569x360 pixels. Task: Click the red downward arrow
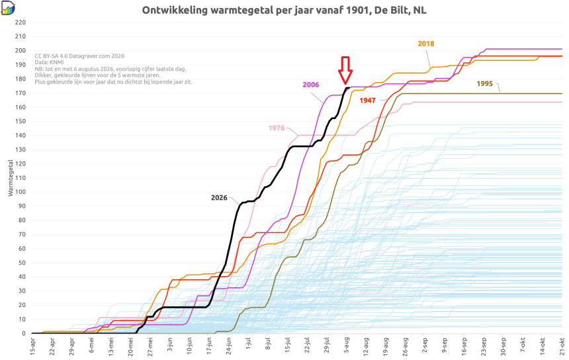(345, 70)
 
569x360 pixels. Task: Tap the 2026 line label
(219, 198)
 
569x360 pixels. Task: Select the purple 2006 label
(311, 85)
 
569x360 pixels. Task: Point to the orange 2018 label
(426, 44)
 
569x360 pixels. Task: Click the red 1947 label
(367, 101)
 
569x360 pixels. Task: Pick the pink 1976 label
(277, 128)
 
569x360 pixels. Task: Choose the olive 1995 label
(484, 84)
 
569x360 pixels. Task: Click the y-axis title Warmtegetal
(10, 178)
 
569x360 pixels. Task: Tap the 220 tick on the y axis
(21, 22)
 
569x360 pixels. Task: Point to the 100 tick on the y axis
(21, 192)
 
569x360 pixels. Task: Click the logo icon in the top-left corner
(8, 8)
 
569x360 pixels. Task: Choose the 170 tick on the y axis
(21, 93)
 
